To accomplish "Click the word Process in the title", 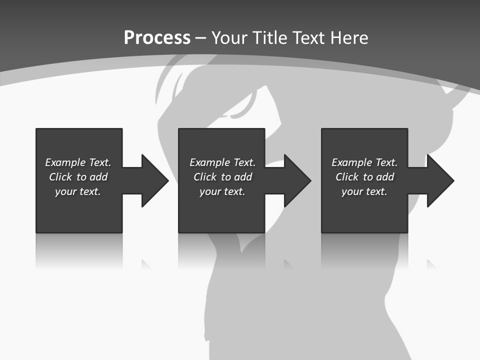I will tap(157, 38).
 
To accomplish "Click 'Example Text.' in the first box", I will tap(78, 162).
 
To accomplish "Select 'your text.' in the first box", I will tap(78, 191).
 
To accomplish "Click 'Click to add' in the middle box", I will tap(222, 177).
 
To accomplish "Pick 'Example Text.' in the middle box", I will tap(222, 162).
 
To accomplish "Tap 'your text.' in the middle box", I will tap(222, 191).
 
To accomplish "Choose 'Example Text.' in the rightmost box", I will tap(364, 162).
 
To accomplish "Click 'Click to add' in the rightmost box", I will tap(364, 177).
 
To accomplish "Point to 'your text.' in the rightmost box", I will tap(364, 191).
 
